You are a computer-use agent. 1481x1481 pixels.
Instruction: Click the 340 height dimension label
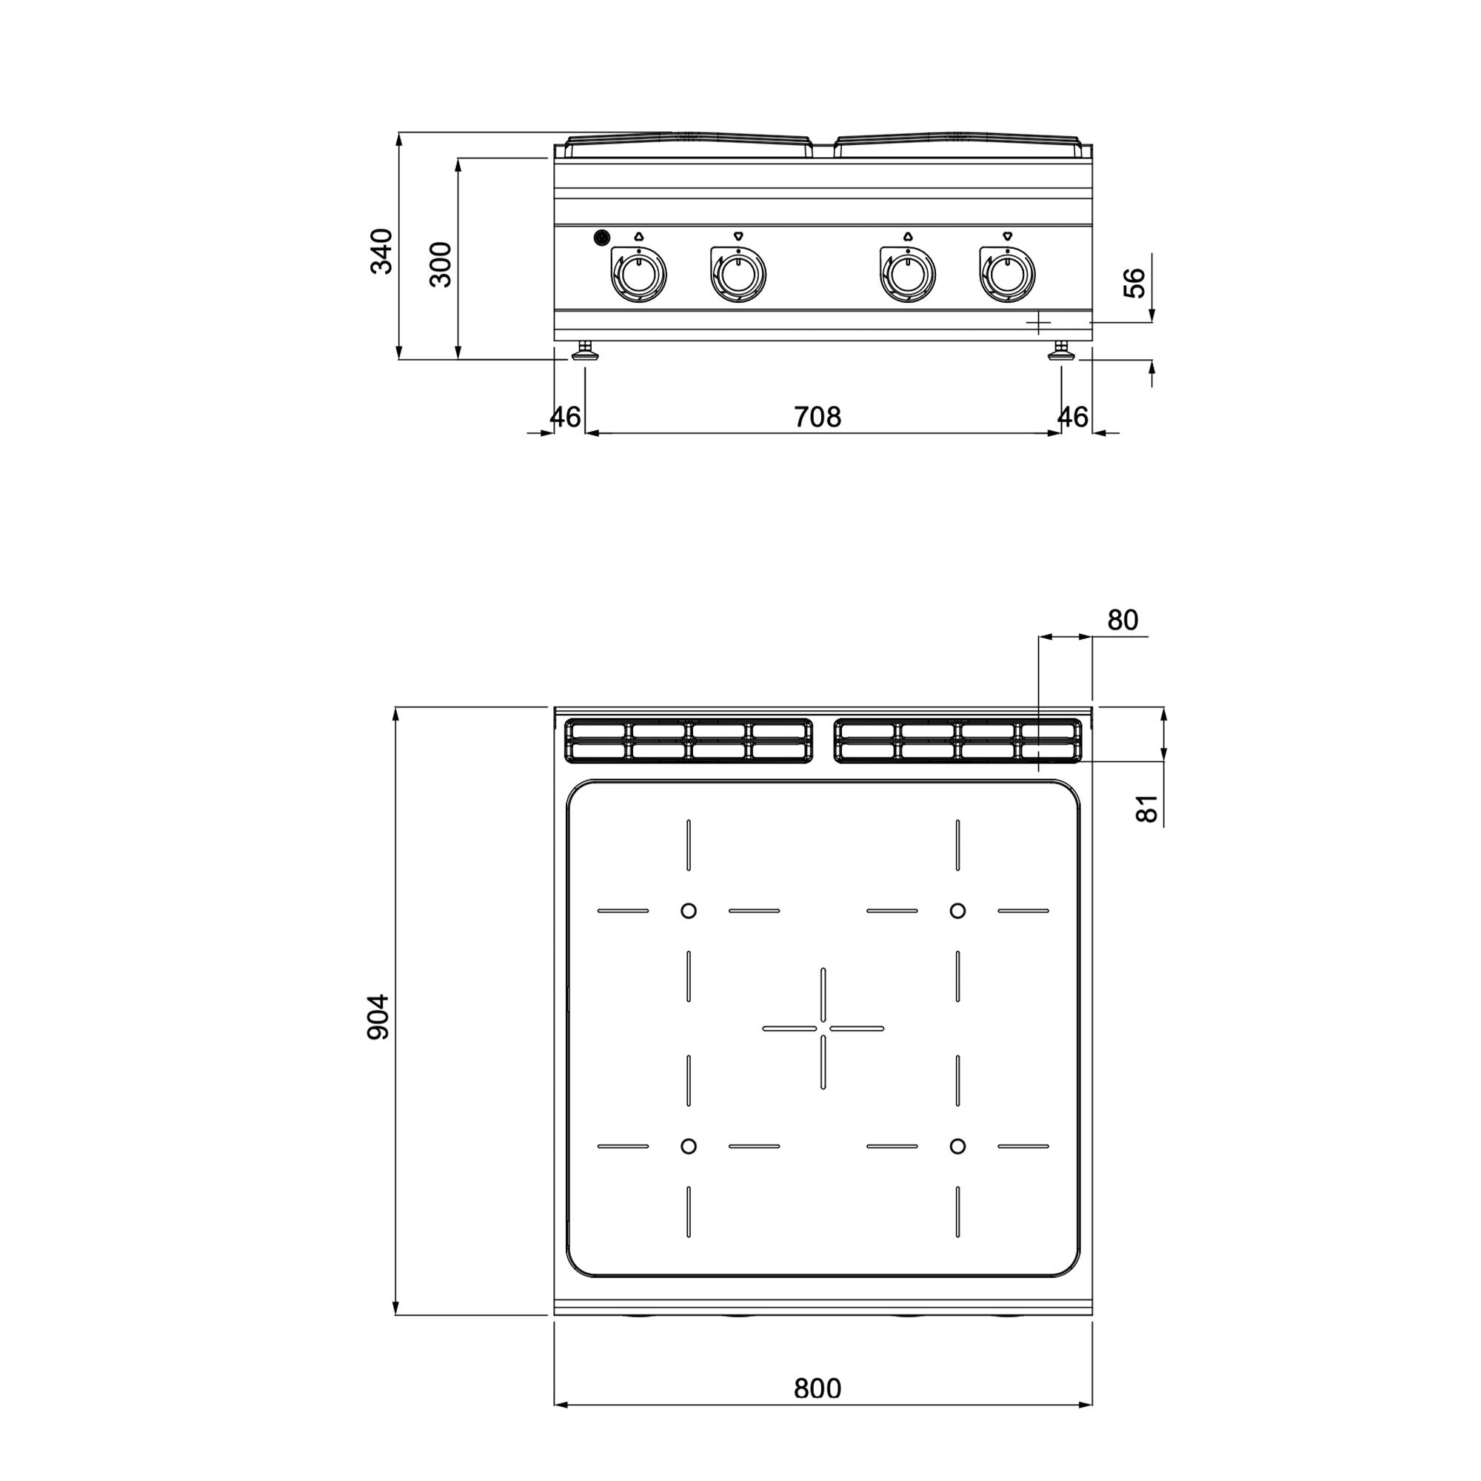[381, 251]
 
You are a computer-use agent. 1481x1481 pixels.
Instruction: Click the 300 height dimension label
[440, 264]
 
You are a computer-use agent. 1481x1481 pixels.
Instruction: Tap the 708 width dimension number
[818, 417]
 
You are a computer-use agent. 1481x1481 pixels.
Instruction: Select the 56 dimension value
[1134, 283]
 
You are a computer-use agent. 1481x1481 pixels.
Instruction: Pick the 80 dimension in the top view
[1123, 619]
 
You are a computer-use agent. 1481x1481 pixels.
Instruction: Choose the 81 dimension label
[1146, 808]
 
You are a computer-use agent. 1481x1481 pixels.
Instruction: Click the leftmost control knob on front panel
[638, 275]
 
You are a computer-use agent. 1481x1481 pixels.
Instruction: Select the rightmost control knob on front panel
[1006, 275]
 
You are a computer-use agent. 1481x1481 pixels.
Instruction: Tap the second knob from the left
[738, 275]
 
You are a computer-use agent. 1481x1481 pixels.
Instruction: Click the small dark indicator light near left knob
[603, 238]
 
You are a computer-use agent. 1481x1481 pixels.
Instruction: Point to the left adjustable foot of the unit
[586, 352]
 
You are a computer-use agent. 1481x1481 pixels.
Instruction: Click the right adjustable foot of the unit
[1062, 352]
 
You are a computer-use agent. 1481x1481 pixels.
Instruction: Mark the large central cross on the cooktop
[823, 1028]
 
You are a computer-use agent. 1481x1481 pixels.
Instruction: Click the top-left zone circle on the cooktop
[689, 911]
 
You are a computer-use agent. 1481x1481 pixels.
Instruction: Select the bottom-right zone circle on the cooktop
[957, 1168]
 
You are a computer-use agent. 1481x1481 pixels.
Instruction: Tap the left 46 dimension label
[566, 417]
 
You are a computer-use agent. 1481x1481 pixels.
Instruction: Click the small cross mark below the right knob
[1038, 323]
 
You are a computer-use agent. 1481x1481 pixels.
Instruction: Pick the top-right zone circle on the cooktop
[957, 911]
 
